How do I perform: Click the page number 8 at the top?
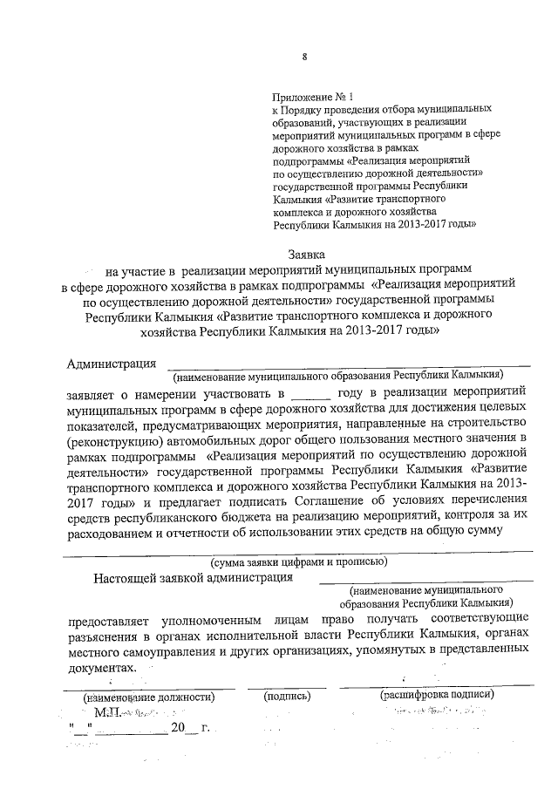tap(304, 58)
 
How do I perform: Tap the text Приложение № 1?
tap(315, 98)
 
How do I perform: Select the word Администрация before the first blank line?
tap(112, 364)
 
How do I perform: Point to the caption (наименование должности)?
tap(148, 697)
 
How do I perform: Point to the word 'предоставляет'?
tap(108, 622)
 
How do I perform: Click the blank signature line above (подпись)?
tap(287, 686)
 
